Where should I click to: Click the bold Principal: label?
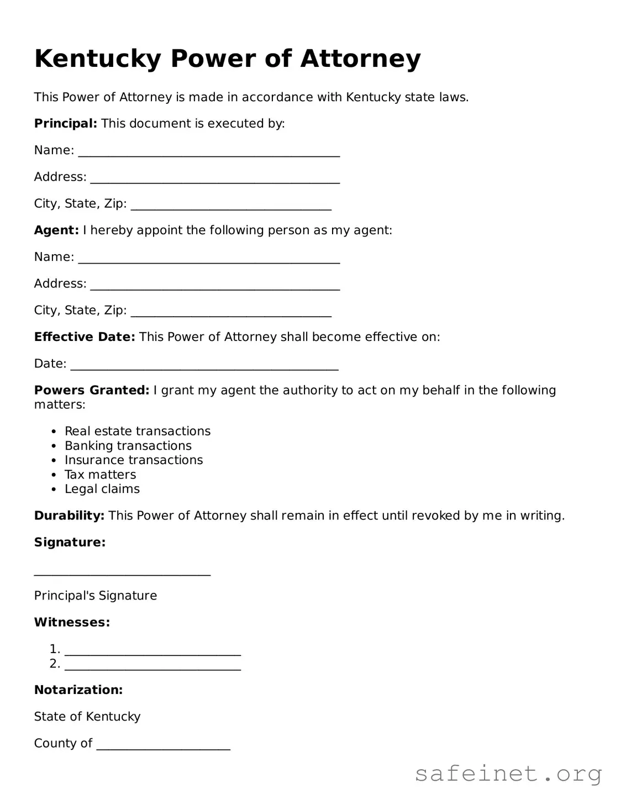coord(66,123)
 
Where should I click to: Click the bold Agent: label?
coord(56,230)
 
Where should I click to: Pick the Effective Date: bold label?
coord(85,337)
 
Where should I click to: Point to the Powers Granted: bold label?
coord(92,390)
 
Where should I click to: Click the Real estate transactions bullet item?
coord(138,431)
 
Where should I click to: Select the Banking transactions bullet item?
coord(128,445)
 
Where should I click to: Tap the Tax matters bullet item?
coord(100,475)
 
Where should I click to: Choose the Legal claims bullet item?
coord(102,489)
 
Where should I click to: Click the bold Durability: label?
coord(69,516)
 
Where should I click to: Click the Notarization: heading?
coord(78,690)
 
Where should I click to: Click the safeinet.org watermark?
coord(508,774)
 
